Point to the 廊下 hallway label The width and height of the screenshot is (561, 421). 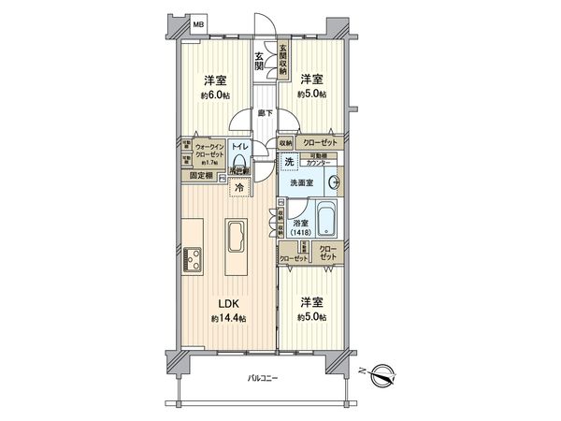pos(266,113)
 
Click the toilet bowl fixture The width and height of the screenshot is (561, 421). pos(239,165)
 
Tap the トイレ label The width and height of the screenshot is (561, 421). pos(239,147)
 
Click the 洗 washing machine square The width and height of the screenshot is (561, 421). pos(290,161)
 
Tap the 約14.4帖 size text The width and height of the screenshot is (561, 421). pos(227,319)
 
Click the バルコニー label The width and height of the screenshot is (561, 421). pos(262,379)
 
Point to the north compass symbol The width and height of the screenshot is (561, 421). pos(381,377)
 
